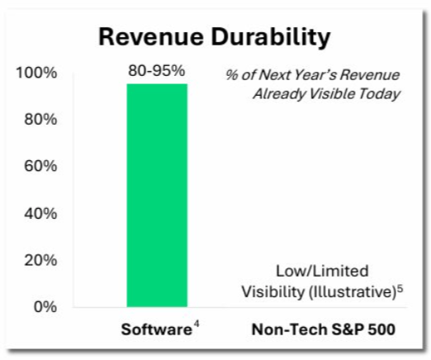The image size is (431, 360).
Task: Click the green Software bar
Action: tap(157, 196)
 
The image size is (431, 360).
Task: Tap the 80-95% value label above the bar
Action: tap(157, 71)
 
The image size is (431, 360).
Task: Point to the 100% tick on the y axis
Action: tap(36, 73)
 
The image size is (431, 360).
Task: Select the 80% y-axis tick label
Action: tap(40, 120)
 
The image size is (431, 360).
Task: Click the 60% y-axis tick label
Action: tap(40, 166)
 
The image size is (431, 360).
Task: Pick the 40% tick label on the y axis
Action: tap(40, 213)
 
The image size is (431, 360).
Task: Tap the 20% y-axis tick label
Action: tap(40, 260)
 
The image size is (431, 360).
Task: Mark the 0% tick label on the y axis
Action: tap(45, 306)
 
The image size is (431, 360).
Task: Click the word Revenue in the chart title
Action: tap(151, 37)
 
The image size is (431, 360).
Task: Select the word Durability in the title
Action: tap(271, 39)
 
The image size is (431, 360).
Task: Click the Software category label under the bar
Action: tap(157, 329)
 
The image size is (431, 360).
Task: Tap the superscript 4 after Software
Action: tap(196, 324)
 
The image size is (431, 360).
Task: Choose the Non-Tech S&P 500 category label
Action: tap(324, 329)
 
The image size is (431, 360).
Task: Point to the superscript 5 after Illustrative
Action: tap(400, 289)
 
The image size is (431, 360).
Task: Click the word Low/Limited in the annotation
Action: tap(322, 271)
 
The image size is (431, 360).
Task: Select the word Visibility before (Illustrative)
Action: tap(273, 291)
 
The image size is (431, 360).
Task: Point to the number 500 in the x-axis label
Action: tap(381, 329)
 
